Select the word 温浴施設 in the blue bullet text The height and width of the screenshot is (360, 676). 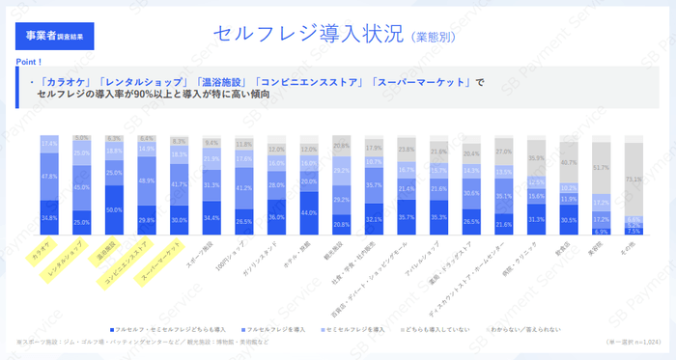220,82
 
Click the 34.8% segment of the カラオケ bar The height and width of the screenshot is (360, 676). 49,218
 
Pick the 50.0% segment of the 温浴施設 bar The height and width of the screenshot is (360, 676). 114,209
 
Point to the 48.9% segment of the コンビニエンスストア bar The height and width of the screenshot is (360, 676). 147,181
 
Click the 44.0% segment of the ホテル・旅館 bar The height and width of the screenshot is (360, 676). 309,212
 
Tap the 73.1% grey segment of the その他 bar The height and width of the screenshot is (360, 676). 633,180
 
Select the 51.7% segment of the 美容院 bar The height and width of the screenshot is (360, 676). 600,168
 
